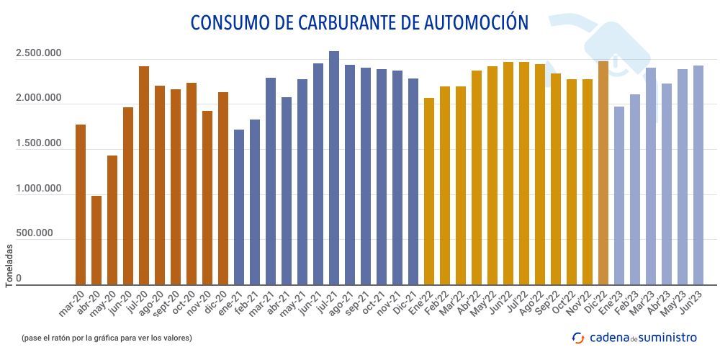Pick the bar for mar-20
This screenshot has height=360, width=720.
(x=81, y=204)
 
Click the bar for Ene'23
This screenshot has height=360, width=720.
(x=619, y=195)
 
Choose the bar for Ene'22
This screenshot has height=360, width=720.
(x=429, y=191)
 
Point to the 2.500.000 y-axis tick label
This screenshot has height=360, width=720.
(x=38, y=55)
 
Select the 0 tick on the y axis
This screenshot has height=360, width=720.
(x=19, y=278)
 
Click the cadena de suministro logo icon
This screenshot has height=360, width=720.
(x=578, y=337)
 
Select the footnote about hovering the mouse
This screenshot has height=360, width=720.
(x=107, y=337)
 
